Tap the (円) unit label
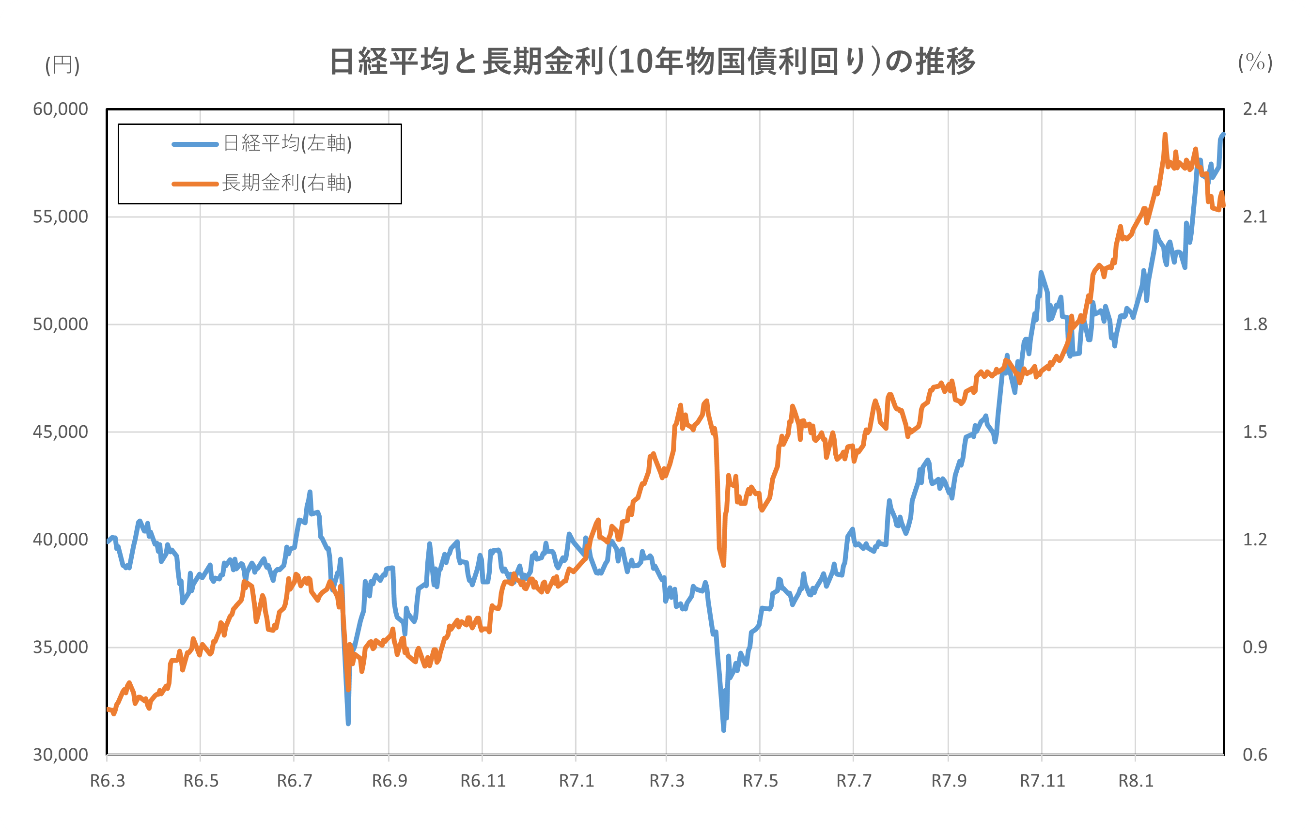62,65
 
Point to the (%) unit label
1255,62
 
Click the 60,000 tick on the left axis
61,109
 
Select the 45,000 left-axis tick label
61,432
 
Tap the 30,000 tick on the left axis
61,755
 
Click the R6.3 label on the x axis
107,781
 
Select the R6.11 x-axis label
483,781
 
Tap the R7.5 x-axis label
760,781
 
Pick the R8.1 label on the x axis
1136,781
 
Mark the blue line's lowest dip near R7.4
723,730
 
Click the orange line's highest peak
1165,134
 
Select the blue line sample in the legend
195,144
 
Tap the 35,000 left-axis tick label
61,648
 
